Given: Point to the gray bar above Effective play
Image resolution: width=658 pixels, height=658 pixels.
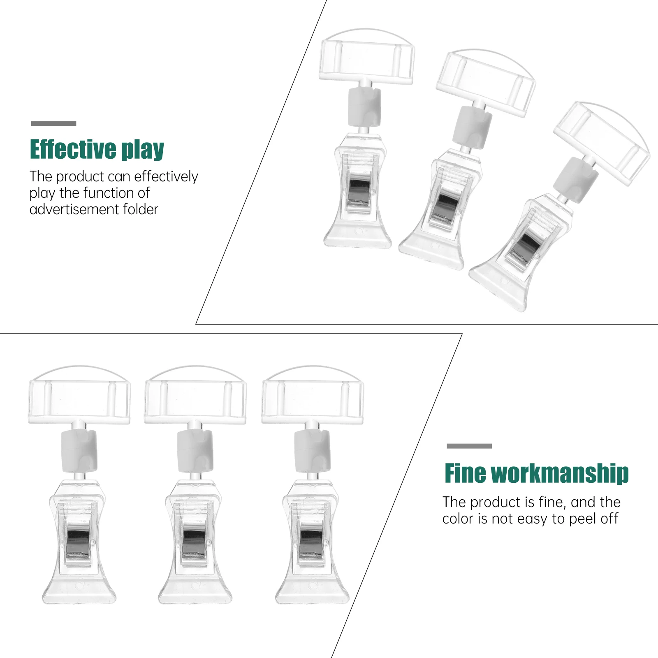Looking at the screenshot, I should pyautogui.click(x=53, y=123).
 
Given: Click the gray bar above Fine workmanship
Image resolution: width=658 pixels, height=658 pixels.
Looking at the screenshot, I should pyautogui.click(x=469, y=446).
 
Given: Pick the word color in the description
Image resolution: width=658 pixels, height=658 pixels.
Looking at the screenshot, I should pyautogui.click(x=458, y=519).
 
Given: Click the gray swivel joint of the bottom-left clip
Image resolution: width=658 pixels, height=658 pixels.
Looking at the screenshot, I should pyautogui.click(x=79, y=451).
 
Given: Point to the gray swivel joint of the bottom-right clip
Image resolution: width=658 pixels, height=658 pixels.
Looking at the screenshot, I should pyautogui.click(x=312, y=451).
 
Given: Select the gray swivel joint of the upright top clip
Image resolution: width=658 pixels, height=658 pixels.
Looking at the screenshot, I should pyautogui.click(x=364, y=107).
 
